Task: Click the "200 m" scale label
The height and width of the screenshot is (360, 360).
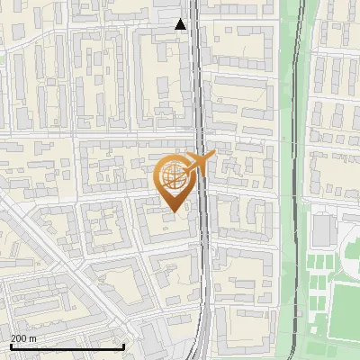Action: coord(24,338)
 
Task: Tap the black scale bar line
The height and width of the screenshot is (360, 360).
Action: coord(67,346)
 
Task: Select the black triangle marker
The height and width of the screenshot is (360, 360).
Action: coord(182,24)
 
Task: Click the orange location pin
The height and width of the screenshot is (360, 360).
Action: coord(175,184)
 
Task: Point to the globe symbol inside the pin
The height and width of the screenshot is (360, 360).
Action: coord(171,176)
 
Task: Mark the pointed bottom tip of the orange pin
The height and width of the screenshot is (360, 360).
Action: coord(175,211)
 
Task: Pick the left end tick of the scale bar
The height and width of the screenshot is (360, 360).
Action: coord(10,345)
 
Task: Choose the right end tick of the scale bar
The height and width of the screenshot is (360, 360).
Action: coord(123,345)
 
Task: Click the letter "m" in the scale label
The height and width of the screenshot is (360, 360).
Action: coord(32,338)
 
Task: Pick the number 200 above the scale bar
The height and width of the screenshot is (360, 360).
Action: coord(19,338)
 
